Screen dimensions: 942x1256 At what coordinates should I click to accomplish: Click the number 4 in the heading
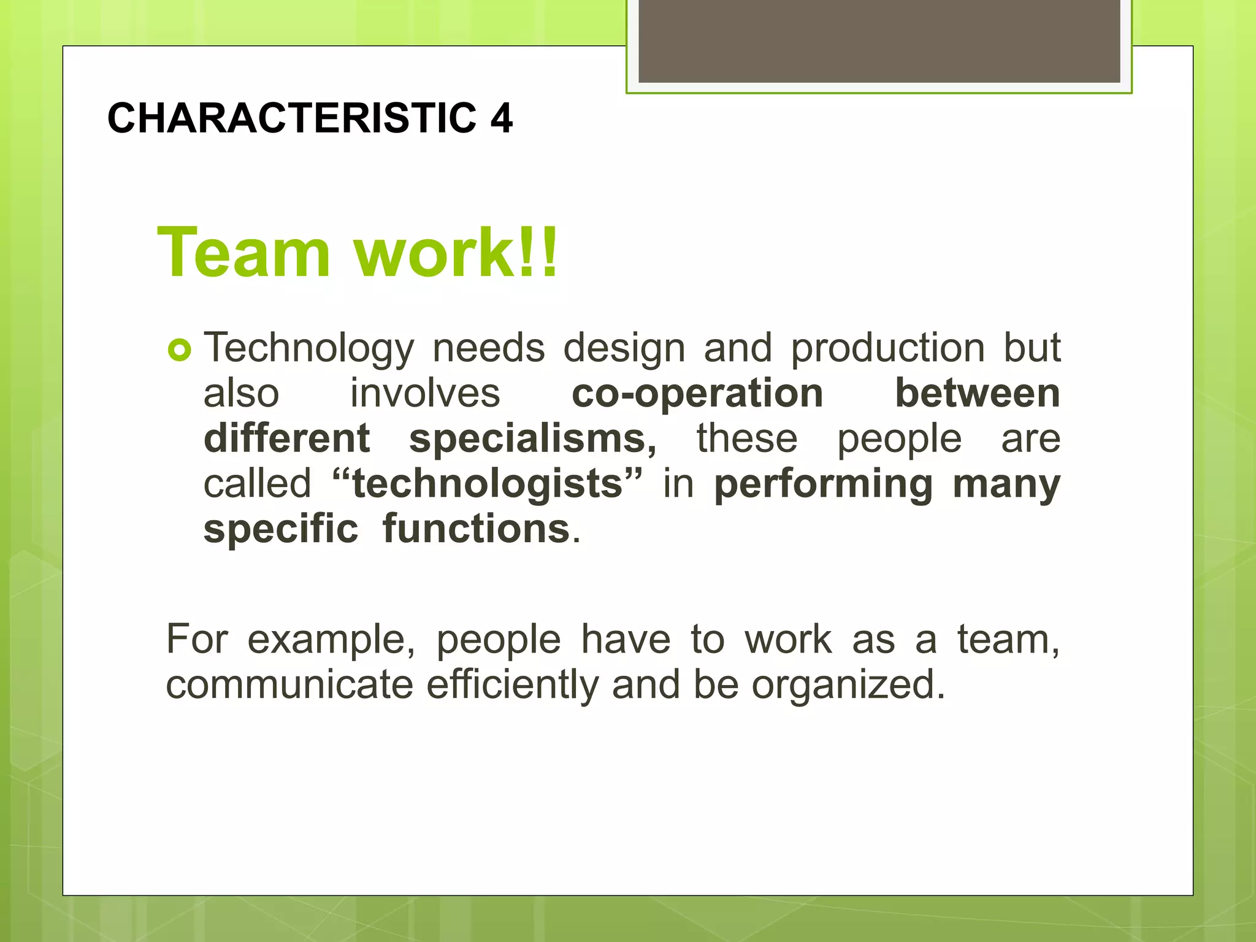pos(501,118)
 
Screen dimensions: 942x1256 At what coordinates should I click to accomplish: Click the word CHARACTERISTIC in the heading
pos(292,118)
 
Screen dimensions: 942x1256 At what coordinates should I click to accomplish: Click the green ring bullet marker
pos(179,351)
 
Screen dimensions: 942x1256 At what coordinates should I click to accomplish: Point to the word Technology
pos(308,348)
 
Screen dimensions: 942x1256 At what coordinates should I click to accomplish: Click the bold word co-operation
pos(697,393)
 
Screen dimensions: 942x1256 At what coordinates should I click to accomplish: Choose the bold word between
pos(978,393)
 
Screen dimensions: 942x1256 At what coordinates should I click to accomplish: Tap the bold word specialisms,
pos(532,439)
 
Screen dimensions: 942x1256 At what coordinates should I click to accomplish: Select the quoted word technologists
pos(488,484)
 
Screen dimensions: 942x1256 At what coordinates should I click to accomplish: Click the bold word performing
pos(824,484)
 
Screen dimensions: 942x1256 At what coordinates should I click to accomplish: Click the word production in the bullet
pos(887,348)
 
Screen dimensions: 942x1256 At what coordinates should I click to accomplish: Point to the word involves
pos(425,393)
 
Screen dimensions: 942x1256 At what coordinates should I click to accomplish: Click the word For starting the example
pos(197,640)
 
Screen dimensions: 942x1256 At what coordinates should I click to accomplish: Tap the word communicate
pos(289,685)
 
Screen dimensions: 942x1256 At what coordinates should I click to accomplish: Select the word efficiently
pos(512,685)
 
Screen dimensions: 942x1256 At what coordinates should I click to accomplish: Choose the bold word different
pos(286,439)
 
